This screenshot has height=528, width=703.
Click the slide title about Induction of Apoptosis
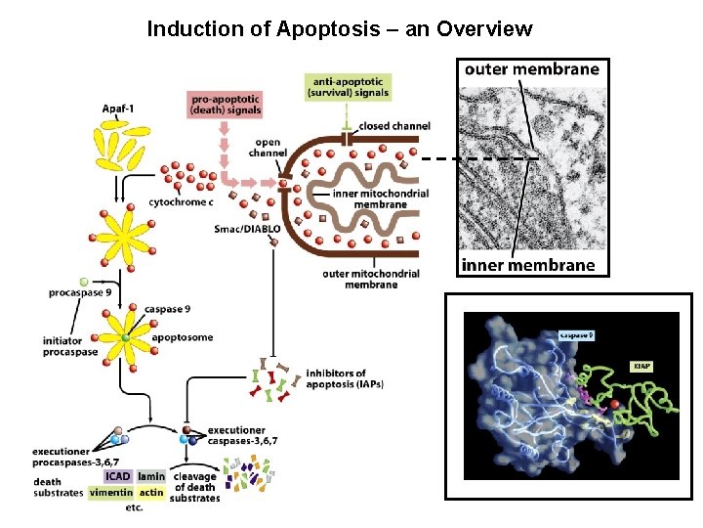[339, 28]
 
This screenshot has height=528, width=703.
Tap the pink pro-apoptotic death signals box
[227, 104]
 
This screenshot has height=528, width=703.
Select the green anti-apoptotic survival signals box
[351, 87]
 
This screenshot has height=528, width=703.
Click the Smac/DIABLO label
[248, 229]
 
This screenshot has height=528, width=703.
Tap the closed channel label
[394, 126]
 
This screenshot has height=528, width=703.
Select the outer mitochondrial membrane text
[371, 279]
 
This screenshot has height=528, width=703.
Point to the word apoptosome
[182, 338]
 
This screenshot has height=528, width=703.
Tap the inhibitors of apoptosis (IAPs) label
[345, 378]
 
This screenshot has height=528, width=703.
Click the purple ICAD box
[117, 477]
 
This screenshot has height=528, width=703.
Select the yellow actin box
[151, 493]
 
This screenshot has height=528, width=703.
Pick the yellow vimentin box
[110, 493]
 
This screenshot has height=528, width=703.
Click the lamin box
[150, 477]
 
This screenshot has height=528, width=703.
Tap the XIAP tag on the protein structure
[641, 366]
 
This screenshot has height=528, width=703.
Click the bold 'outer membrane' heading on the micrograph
[531, 69]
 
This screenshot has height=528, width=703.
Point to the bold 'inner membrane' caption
[527, 265]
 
